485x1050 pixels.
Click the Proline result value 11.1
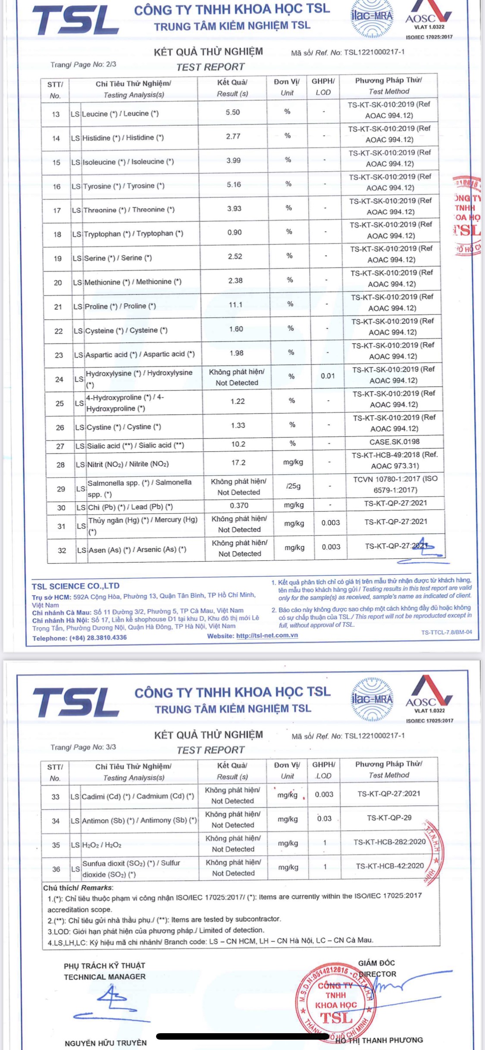pyautogui.click(x=235, y=305)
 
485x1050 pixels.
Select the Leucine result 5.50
pyautogui.click(x=233, y=112)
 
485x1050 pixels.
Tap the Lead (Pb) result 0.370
pyautogui.click(x=239, y=505)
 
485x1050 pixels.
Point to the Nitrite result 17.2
pyautogui.click(x=238, y=462)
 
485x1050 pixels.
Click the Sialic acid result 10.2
pyautogui.click(x=238, y=444)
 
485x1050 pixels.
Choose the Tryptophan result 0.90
pyautogui.click(x=235, y=232)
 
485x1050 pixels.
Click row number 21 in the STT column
pyautogui.click(x=58, y=307)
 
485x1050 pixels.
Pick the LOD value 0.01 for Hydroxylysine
pyautogui.click(x=328, y=376)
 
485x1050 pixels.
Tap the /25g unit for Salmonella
pyautogui.click(x=293, y=486)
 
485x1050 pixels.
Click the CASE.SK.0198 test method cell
pyautogui.click(x=394, y=441)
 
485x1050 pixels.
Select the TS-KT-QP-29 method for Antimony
pyautogui.click(x=389, y=817)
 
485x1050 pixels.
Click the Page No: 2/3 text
pyautogui.click(x=83, y=65)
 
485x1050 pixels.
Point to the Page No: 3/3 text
pyautogui.click(x=83, y=747)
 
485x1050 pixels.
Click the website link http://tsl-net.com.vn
pyautogui.click(x=267, y=635)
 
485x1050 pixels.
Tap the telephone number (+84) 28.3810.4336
pyautogui.click(x=98, y=637)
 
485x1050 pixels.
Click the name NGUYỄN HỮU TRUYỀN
pyautogui.click(x=106, y=1043)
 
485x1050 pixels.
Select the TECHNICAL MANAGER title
pyautogui.click(x=105, y=977)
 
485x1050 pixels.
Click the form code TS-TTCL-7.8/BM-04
pyautogui.click(x=447, y=632)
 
